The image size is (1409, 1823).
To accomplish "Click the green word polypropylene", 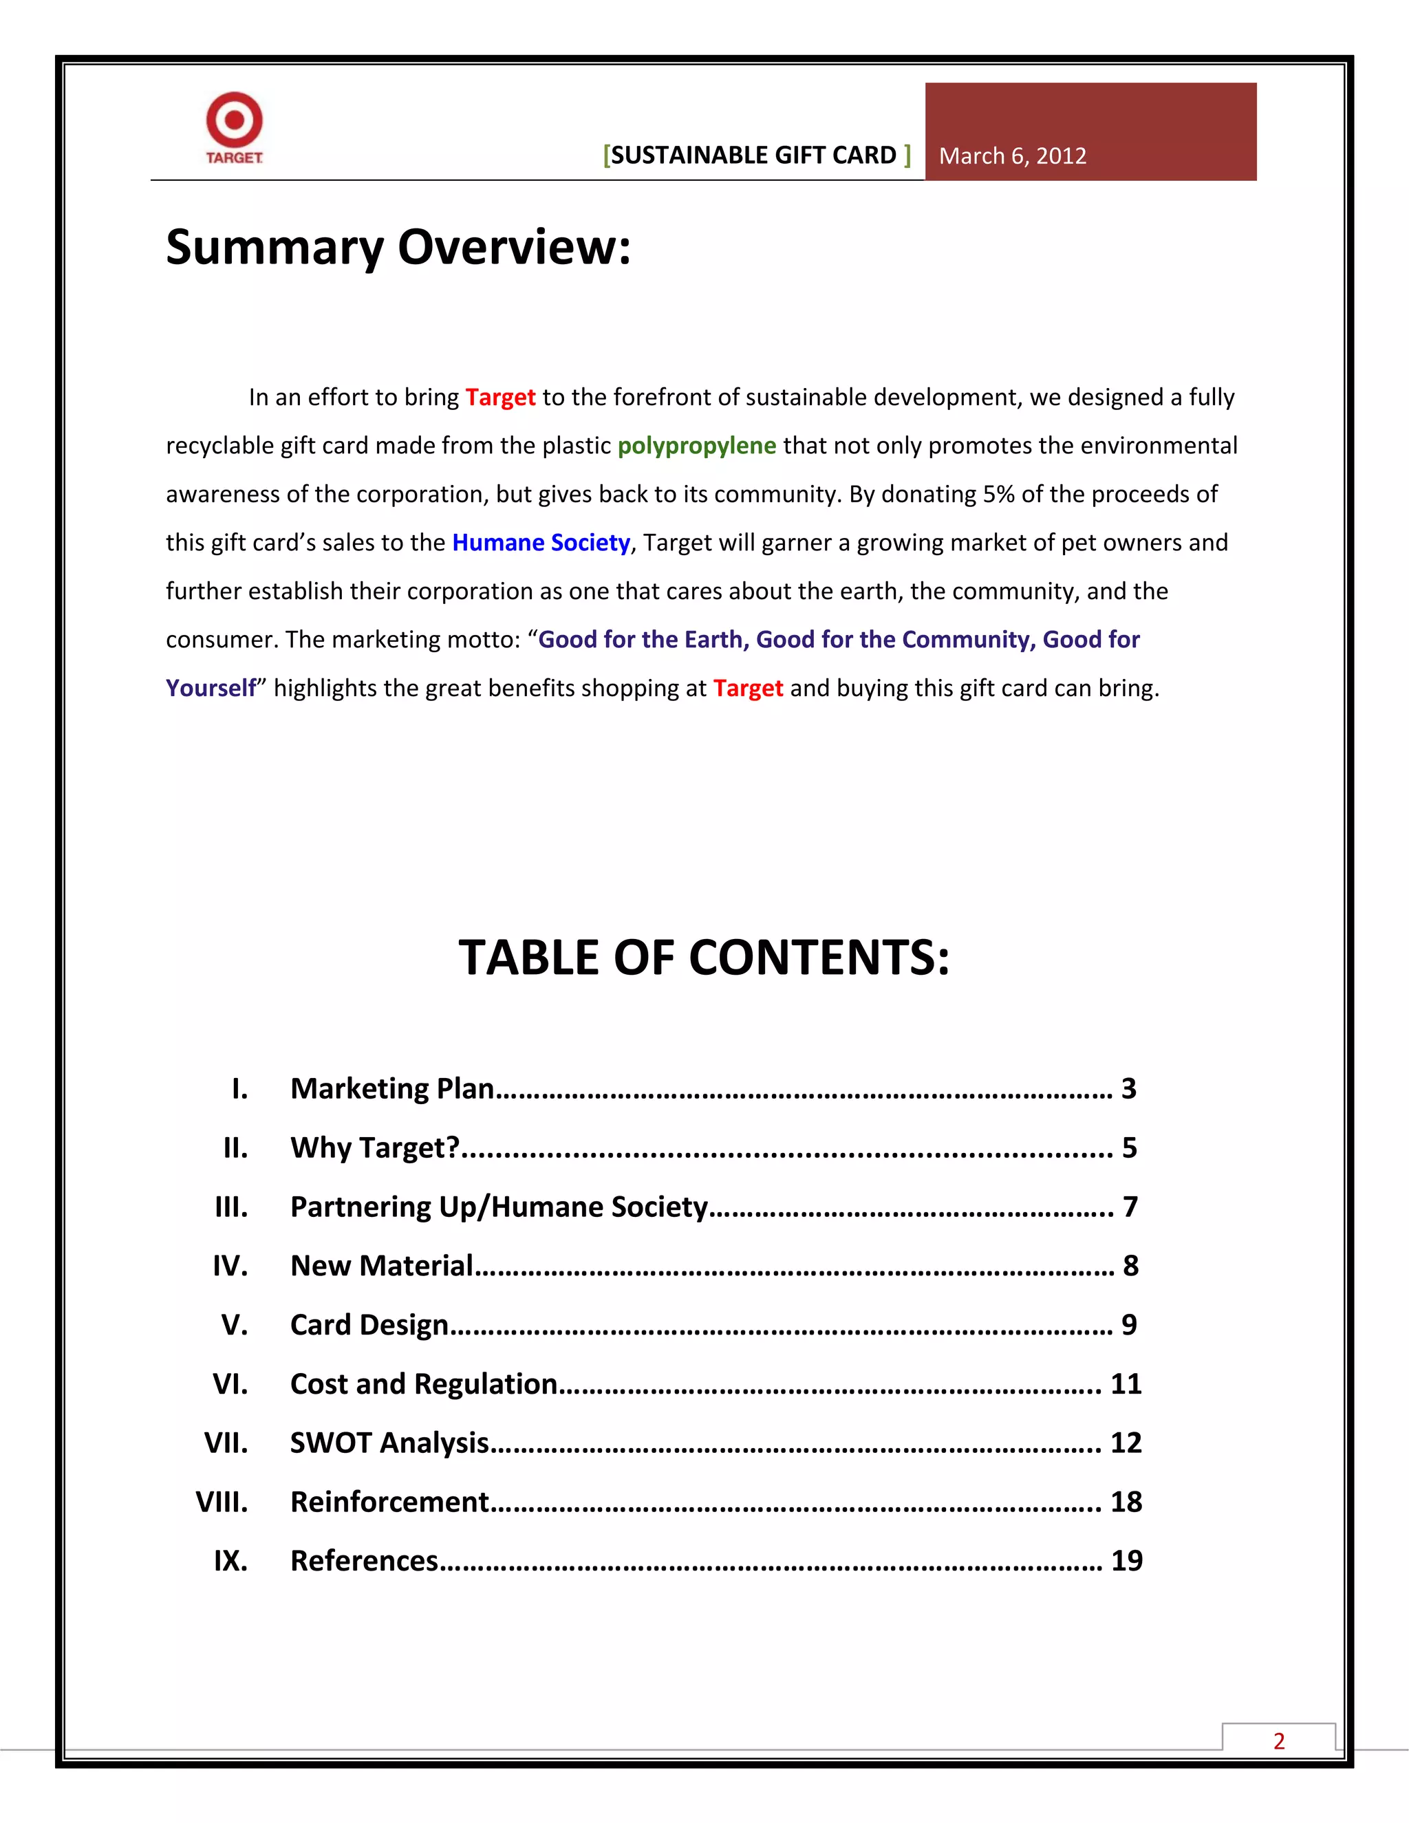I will pos(696,446).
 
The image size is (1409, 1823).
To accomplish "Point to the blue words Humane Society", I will pos(540,543).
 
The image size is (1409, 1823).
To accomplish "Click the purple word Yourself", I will pos(211,688).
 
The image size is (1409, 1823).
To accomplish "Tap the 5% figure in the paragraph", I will pos(998,494).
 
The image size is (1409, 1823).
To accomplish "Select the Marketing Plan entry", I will pos(392,1088).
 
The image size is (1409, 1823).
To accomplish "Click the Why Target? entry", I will pos(375,1147).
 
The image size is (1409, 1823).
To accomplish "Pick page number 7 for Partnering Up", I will pos(1130,1207).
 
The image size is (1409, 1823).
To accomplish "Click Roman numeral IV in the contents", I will pos(230,1266).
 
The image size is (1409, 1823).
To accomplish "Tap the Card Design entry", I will pos(369,1325).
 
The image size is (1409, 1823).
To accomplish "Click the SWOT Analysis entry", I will pos(389,1443).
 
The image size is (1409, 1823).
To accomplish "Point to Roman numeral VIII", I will pos(222,1502).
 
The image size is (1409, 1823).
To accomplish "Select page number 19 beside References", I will pos(1126,1561).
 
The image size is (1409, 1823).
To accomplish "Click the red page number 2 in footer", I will pos(1278,1741).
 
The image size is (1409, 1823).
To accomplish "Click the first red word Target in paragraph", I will pos(500,398).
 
